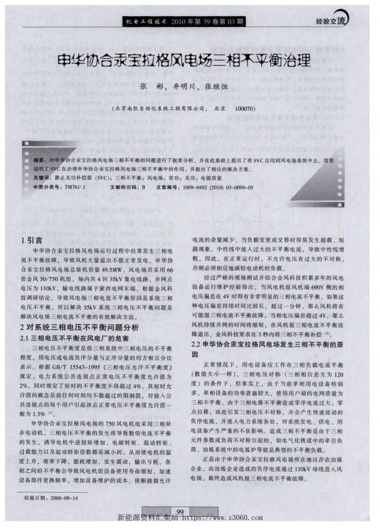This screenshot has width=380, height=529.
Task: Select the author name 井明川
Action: coord(185,88)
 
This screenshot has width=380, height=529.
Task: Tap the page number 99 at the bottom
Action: coord(180,511)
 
